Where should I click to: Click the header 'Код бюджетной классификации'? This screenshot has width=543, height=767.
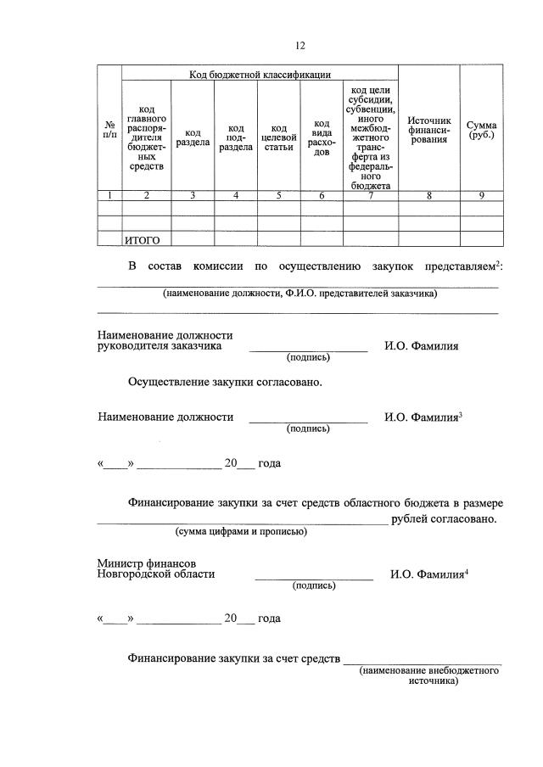(259, 75)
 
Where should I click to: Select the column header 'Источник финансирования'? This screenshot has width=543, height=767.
(428, 130)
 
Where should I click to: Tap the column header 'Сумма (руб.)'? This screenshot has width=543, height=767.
(480, 130)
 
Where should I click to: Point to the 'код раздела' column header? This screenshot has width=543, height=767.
(193, 137)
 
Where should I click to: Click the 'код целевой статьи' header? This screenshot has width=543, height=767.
(279, 137)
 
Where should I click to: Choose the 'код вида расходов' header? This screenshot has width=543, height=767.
(322, 137)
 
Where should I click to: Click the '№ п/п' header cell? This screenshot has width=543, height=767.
(109, 131)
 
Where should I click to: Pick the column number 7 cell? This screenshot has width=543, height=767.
(370, 196)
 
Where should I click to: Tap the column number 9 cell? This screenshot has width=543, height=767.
(480, 196)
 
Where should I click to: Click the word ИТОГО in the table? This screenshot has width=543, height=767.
(143, 240)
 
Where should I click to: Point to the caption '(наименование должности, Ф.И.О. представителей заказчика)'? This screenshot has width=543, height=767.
(299, 294)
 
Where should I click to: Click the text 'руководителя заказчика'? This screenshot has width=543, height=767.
(160, 346)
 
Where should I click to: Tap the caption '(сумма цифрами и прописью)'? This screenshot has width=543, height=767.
(241, 532)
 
